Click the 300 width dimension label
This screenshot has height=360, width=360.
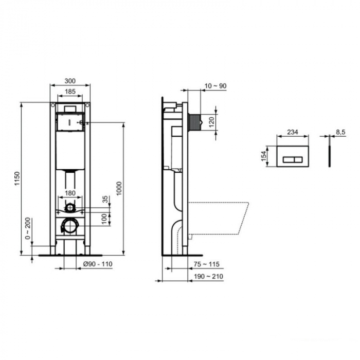click(70, 81)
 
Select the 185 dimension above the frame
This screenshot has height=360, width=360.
click(70, 92)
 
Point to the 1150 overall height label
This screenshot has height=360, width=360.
click(17, 178)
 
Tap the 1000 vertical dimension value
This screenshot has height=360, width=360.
click(119, 188)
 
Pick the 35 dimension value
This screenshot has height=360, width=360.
click(106, 200)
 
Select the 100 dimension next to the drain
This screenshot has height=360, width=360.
click(105, 219)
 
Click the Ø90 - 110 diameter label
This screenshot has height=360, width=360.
click(98, 264)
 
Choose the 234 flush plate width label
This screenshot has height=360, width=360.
click(292, 132)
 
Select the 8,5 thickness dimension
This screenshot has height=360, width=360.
click(340, 132)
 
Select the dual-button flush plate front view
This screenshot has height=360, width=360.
click(292, 156)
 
